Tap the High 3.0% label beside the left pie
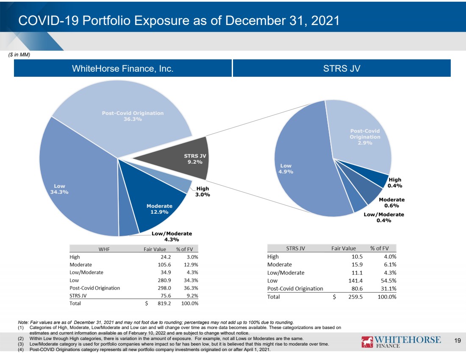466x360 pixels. (203, 192)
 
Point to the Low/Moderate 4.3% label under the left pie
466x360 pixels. (172, 237)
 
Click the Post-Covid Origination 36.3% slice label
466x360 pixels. (133, 116)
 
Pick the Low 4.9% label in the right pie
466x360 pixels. (286, 169)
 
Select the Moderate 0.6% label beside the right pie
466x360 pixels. (392, 203)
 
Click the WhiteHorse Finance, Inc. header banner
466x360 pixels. (123, 68)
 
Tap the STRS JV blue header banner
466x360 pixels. (342, 68)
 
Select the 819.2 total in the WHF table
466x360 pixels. (164, 303)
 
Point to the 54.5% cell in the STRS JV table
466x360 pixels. (388, 281)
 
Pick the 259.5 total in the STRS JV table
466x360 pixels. (355, 297)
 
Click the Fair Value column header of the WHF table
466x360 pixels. (155, 249)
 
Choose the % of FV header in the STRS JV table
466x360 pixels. (380, 248)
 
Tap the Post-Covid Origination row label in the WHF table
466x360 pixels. (95, 288)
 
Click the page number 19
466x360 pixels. (458, 340)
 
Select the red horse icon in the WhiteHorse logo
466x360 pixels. (367, 342)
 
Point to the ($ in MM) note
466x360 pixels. (19, 55)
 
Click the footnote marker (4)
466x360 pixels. (21, 349)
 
